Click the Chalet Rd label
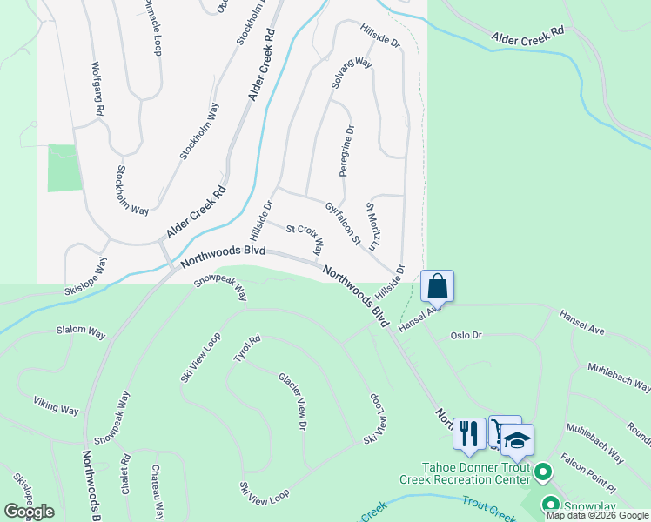point(126,471)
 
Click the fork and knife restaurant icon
point(469,432)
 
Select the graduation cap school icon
point(517,439)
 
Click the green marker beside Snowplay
point(550,503)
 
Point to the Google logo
point(29,512)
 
